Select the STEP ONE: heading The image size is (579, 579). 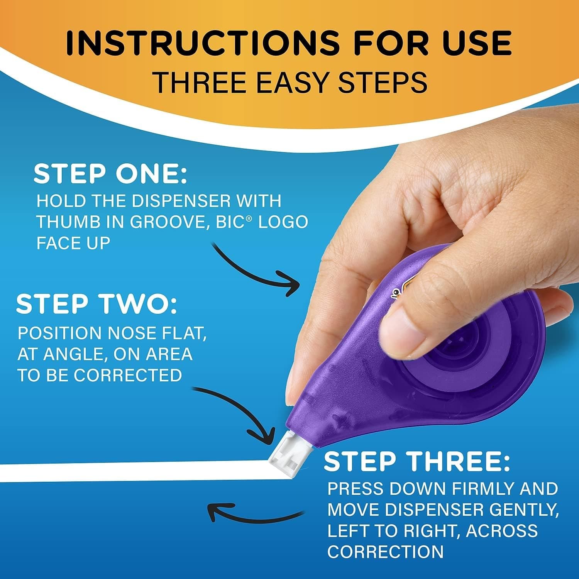click(110, 174)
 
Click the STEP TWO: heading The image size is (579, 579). click(96, 304)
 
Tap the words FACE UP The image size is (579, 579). click(73, 243)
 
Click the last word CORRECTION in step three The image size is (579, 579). click(386, 552)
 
